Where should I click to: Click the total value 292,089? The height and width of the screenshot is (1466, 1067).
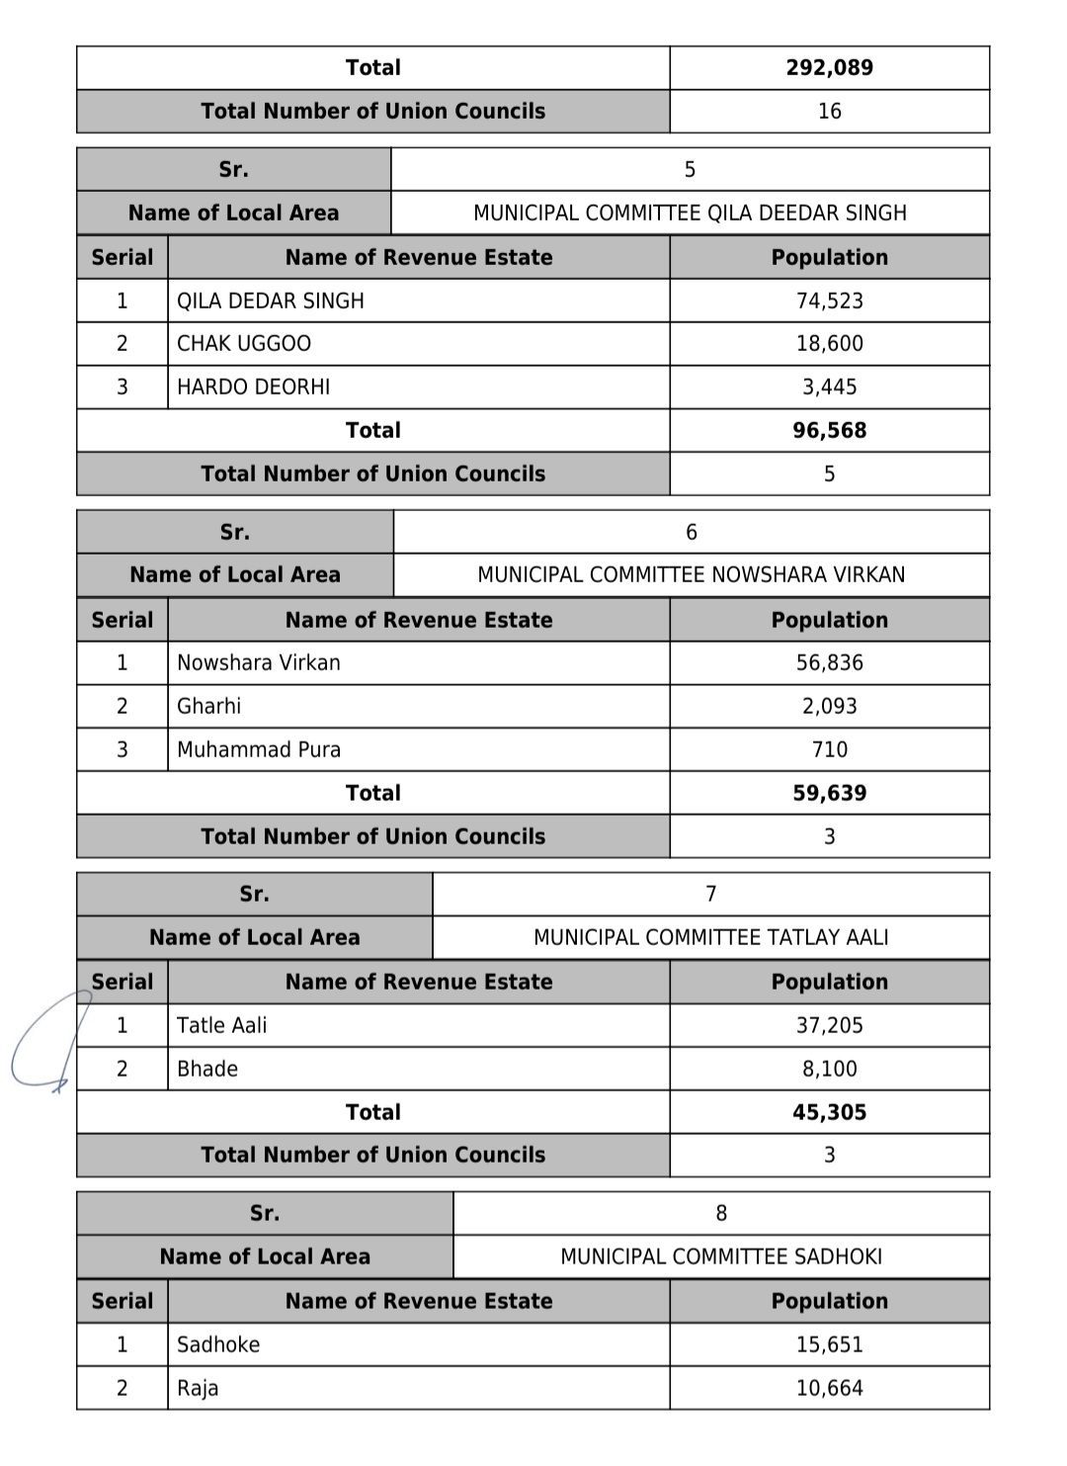coord(829,67)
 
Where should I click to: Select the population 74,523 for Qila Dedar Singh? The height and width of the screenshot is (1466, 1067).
coord(829,301)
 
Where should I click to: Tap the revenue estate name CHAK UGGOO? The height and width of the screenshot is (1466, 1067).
coord(244,344)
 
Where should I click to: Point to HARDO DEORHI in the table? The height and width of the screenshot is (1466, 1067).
coord(254,388)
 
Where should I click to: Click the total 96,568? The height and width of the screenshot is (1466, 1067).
coord(829,430)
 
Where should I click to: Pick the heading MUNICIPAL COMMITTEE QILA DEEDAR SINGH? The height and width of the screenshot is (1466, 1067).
coord(690,213)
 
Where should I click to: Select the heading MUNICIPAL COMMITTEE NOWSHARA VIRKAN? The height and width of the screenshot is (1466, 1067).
coord(691,574)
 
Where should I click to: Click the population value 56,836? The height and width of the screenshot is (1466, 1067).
coord(829,662)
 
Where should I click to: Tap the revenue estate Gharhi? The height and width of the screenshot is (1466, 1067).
coord(208,706)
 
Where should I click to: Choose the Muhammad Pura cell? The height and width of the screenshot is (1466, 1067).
coord(259,749)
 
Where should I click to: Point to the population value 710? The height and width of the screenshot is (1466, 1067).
coord(829,749)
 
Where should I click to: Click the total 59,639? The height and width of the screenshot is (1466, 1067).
coord(829,793)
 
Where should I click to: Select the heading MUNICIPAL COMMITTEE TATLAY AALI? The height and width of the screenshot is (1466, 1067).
coord(710,937)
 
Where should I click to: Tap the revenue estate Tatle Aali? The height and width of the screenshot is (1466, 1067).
coord(221,1025)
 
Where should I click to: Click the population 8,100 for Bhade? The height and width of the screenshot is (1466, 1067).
coord(829,1069)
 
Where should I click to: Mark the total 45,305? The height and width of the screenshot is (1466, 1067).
coord(829,1112)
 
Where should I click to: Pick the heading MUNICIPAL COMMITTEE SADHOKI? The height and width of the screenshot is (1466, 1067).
coord(721,1256)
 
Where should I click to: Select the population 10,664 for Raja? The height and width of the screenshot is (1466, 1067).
coord(829,1388)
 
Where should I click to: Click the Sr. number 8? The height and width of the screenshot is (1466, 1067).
coord(721,1213)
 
